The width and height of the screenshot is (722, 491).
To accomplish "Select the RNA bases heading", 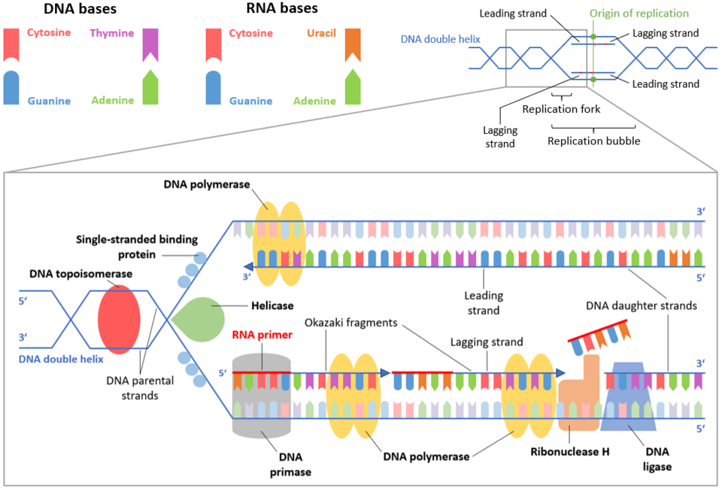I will [283, 10].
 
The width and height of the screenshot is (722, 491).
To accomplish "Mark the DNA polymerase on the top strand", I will [279, 242].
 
